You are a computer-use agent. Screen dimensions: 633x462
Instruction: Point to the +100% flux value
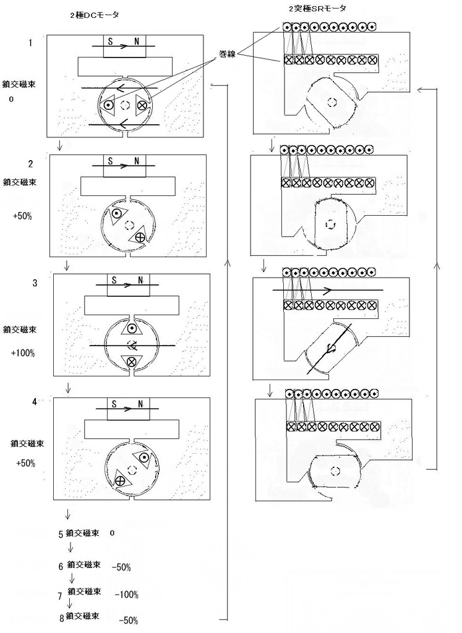[23, 353]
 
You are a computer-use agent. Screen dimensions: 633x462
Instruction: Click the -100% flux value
[126, 595]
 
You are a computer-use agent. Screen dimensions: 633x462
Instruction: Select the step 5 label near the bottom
[61, 533]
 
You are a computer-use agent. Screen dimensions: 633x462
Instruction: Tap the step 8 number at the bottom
[61, 618]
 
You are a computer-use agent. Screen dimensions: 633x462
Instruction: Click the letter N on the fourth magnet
[141, 404]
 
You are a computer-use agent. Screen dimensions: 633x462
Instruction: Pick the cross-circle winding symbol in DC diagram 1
[142, 105]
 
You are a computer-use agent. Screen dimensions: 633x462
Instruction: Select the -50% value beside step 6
[121, 566]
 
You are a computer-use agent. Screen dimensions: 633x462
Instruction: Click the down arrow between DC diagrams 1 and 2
[59, 147]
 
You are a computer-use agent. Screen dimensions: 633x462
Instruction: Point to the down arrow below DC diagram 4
[66, 514]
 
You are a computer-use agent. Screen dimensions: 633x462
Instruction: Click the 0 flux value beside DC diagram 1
[11, 99]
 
